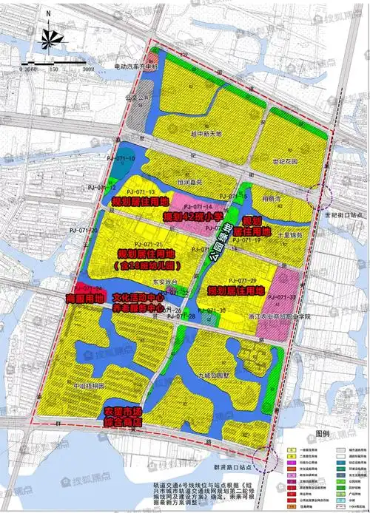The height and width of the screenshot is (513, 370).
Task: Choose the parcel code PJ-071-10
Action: pyautogui.click(x=121, y=159)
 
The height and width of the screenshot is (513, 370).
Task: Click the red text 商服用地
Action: pyautogui.click(x=80, y=297)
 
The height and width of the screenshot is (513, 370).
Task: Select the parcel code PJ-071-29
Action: pyautogui.click(x=242, y=281)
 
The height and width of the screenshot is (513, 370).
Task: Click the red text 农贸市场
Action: pyautogui.click(x=123, y=411)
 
